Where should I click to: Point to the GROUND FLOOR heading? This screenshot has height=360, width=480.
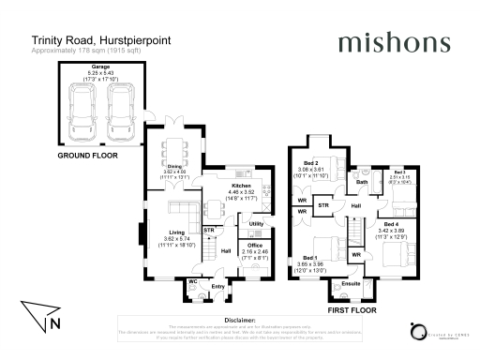[88, 156]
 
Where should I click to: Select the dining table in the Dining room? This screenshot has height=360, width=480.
[175, 151]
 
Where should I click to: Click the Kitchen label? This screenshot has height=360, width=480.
[244, 187]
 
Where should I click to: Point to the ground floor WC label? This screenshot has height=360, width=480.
[191, 280]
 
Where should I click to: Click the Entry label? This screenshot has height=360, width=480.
[217, 286]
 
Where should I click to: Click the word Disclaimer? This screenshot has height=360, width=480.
[239, 318]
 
